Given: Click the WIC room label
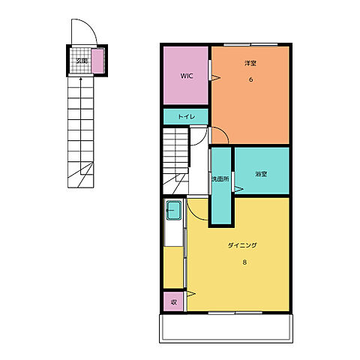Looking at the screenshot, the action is tap(187, 76).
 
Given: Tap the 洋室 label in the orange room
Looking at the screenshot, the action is tap(250, 63).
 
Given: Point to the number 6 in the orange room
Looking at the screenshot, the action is tap(250, 79).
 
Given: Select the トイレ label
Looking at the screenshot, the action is tap(187, 116).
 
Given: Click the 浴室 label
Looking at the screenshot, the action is tap(261, 174).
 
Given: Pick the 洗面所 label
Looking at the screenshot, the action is tap(220, 179).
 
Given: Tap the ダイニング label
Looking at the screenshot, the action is tap(242, 245).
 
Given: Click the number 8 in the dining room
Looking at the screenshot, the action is tap(244, 262).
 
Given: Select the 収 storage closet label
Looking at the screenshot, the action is tap(174, 302).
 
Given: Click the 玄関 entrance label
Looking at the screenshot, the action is tap(82, 61).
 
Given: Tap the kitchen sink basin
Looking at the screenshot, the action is tap(174, 210).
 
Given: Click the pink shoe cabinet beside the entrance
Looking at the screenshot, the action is tap(97, 61).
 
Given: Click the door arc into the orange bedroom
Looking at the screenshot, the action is tap(223, 132).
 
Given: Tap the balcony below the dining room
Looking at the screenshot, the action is tap(226, 328).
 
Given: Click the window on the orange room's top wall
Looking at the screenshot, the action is tap(250, 45).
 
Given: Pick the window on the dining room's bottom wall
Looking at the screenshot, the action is tap(235, 313).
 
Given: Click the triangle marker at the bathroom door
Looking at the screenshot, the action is tap(238, 189).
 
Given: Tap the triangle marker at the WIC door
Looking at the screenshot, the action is tap(215, 78).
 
